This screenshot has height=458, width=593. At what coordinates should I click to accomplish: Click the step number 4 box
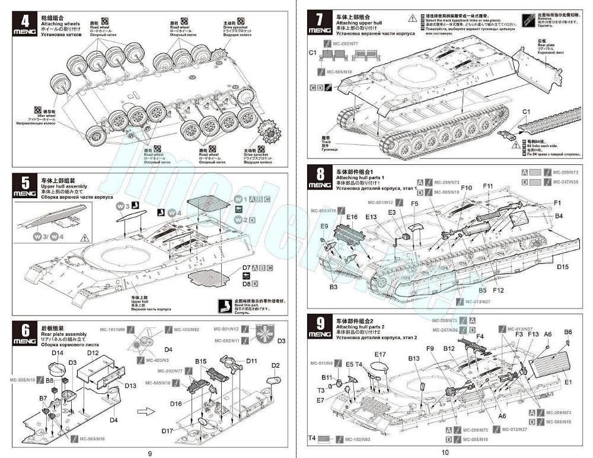[24, 24]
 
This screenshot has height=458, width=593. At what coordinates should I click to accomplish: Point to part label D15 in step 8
[563, 266]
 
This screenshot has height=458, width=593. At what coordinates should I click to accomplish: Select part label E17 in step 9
[380, 355]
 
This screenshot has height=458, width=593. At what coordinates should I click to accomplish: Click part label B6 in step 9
[568, 332]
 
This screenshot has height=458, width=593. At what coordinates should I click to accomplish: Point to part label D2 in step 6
[275, 365]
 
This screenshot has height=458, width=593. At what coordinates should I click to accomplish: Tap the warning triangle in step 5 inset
[84, 238]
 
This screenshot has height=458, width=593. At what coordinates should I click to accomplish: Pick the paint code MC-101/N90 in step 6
[112, 329]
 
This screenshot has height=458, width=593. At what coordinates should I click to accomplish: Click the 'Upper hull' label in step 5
[140, 302]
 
